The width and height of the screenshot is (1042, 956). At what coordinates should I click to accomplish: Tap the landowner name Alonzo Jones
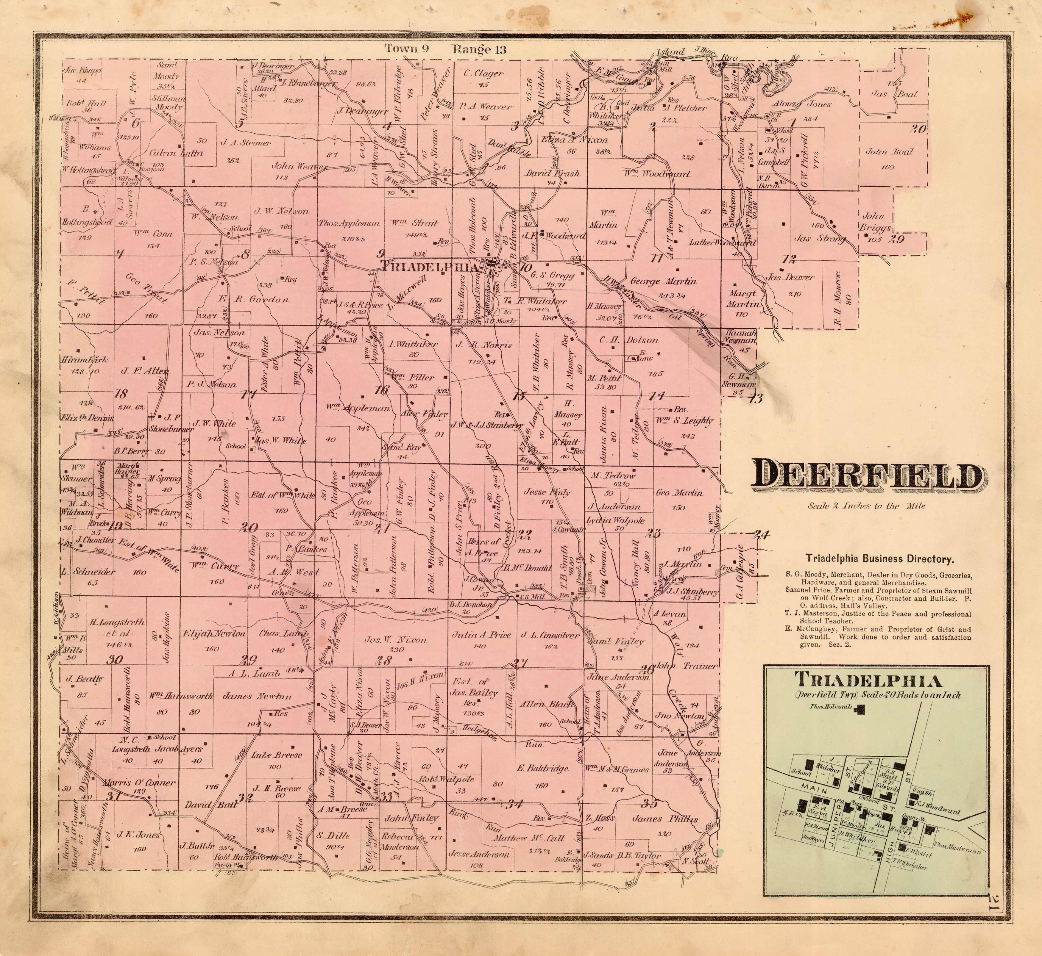pos(803,104)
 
